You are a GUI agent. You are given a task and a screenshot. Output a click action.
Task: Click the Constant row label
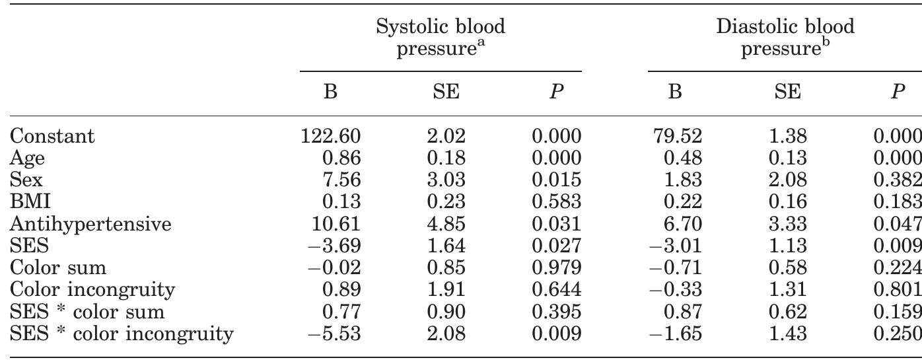pos(53,137)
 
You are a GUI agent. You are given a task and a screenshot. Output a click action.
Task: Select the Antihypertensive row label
pos(91,225)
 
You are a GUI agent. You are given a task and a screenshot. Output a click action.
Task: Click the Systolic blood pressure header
pos(440,38)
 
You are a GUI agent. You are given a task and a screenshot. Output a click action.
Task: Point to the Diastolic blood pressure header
pos(785,38)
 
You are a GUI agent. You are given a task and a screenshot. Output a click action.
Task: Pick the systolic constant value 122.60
pos(331,137)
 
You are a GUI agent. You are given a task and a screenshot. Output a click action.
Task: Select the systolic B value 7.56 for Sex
pos(342,181)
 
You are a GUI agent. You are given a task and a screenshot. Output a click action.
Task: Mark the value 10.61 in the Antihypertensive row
pos(337,225)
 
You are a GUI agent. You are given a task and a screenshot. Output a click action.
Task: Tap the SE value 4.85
pos(446,225)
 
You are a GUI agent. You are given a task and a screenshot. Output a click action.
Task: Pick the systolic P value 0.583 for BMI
pos(556,203)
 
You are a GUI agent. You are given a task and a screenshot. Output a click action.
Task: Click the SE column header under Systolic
pos(446,93)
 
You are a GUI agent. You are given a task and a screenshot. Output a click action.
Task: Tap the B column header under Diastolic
pos(675,93)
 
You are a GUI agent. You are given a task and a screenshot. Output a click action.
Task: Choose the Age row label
pos(28,159)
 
